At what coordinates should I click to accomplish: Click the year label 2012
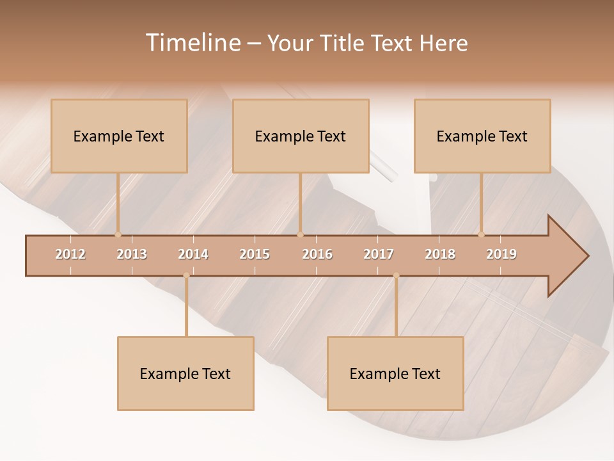click(70, 254)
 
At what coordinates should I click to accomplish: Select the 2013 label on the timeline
click(132, 254)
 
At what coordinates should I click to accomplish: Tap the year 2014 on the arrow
click(193, 254)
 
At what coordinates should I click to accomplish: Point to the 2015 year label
click(255, 254)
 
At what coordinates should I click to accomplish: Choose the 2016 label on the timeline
click(317, 254)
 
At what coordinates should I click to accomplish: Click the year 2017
click(379, 254)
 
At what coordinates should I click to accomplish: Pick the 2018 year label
click(440, 254)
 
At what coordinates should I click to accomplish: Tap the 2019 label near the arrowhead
click(501, 254)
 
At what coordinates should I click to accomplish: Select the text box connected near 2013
click(119, 136)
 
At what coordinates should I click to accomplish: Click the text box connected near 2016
click(301, 136)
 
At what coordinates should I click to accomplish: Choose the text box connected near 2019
click(482, 136)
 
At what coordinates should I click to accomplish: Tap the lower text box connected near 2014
click(185, 374)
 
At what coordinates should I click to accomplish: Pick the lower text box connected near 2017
click(395, 374)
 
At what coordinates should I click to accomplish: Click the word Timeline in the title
click(193, 43)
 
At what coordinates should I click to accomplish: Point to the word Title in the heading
click(343, 43)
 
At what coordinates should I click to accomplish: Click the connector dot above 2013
click(118, 234)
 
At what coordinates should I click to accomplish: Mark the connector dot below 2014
click(186, 275)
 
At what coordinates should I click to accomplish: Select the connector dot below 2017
click(396, 275)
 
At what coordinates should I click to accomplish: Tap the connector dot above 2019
click(482, 234)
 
